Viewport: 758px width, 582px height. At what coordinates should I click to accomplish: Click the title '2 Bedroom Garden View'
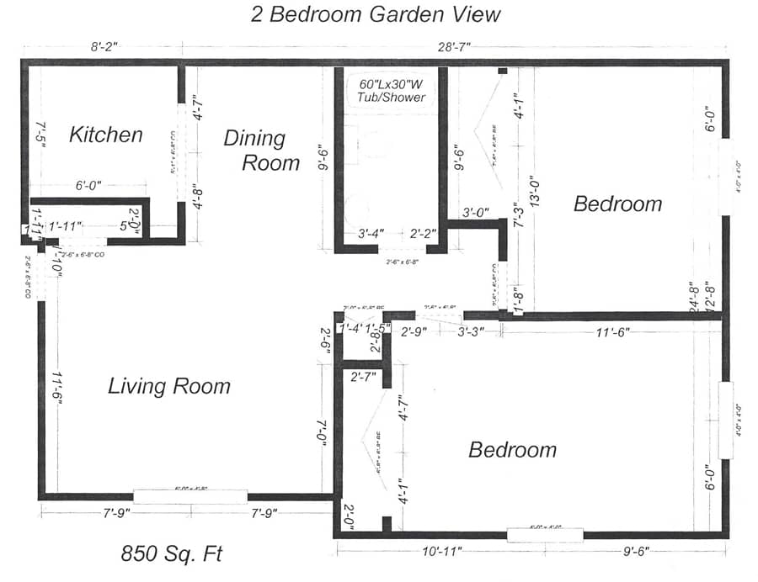(376, 14)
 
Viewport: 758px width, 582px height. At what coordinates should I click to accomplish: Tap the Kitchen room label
(105, 135)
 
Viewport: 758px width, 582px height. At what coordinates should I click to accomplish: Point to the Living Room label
(169, 386)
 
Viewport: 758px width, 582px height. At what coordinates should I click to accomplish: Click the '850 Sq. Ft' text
(173, 555)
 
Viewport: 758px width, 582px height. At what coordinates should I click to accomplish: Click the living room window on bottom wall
(190, 496)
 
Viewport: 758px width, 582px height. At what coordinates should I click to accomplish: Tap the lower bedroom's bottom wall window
(545, 534)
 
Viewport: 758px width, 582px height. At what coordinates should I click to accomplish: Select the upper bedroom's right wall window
(726, 177)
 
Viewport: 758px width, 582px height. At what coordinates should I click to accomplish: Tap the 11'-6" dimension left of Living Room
(56, 389)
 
